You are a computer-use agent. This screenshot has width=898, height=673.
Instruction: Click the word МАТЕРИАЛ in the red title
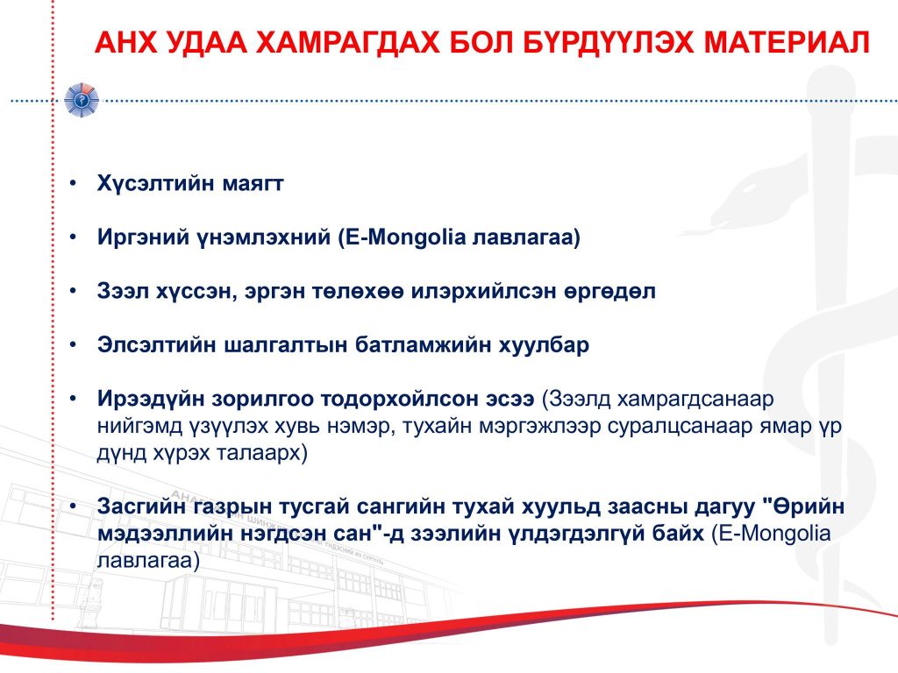(x=787, y=42)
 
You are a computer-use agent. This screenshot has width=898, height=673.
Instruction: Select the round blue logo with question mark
(x=82, y=100)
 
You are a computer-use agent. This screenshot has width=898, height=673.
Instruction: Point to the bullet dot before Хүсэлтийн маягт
(x=73, y=184)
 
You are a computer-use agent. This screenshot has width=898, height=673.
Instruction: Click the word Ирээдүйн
(x=151, y=399)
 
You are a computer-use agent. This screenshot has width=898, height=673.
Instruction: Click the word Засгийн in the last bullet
(x=141, y=507)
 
